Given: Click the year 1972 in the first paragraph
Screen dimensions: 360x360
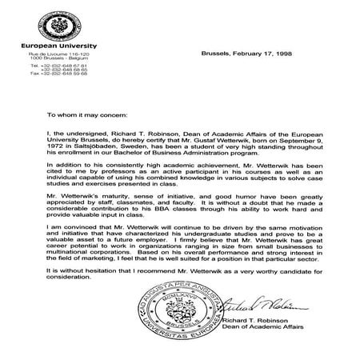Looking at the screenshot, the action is pos(57,148).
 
